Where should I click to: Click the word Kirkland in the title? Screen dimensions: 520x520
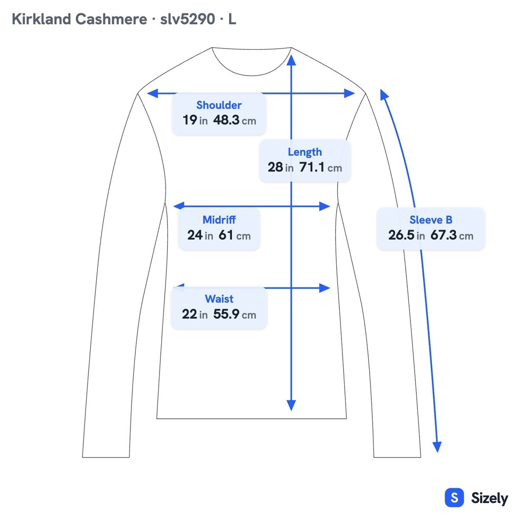point(42,19)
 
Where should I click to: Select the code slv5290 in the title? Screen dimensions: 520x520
point(188,19)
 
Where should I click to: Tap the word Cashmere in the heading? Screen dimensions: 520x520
point(111,19)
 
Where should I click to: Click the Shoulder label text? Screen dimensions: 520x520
point(219,105)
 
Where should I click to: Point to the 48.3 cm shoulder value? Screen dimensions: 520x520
point(234,120)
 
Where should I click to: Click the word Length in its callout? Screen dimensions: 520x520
point(305,152)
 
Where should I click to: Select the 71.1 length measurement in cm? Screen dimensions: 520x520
point(321,167)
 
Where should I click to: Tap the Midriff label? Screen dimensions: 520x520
point(219,220)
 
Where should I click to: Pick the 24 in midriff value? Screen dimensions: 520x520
point(200,235)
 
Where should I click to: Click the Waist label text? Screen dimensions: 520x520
point(219,299)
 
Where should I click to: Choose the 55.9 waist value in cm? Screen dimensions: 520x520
point(234,314)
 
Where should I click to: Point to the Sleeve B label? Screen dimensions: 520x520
point(431,220)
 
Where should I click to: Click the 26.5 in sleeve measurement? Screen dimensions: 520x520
point(406,235)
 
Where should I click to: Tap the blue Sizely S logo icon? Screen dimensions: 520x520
point(455,497)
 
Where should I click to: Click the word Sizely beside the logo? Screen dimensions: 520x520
point(490,498)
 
